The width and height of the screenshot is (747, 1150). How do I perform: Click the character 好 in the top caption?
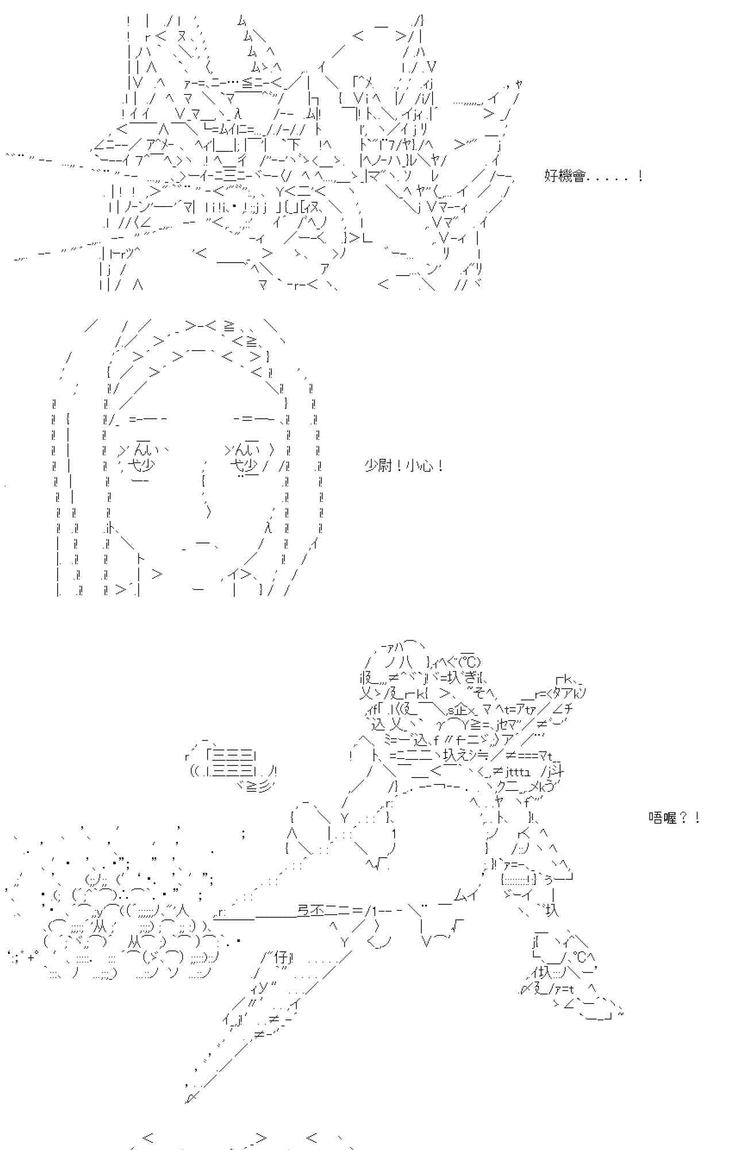coord(550,177)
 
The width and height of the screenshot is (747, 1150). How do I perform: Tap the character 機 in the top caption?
coord(564,177)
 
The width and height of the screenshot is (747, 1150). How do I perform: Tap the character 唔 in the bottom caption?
coord(655,818)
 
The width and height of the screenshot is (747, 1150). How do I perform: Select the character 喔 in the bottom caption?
coord(669,818)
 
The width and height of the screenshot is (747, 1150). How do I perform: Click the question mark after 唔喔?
coord(684,818)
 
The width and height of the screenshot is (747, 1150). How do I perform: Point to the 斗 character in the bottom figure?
coord(557,770)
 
